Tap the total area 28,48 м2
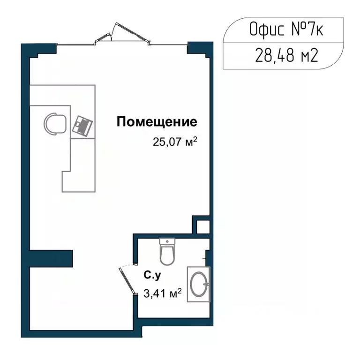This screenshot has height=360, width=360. point(287,56)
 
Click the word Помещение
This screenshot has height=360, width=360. point(157,122)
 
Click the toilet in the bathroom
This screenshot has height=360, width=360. point(167,253)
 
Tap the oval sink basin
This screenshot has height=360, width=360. point(199,285)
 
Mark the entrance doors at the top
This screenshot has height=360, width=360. point(123,35)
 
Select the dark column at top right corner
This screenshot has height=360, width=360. point(198,48)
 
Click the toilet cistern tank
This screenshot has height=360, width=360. point(167,242)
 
